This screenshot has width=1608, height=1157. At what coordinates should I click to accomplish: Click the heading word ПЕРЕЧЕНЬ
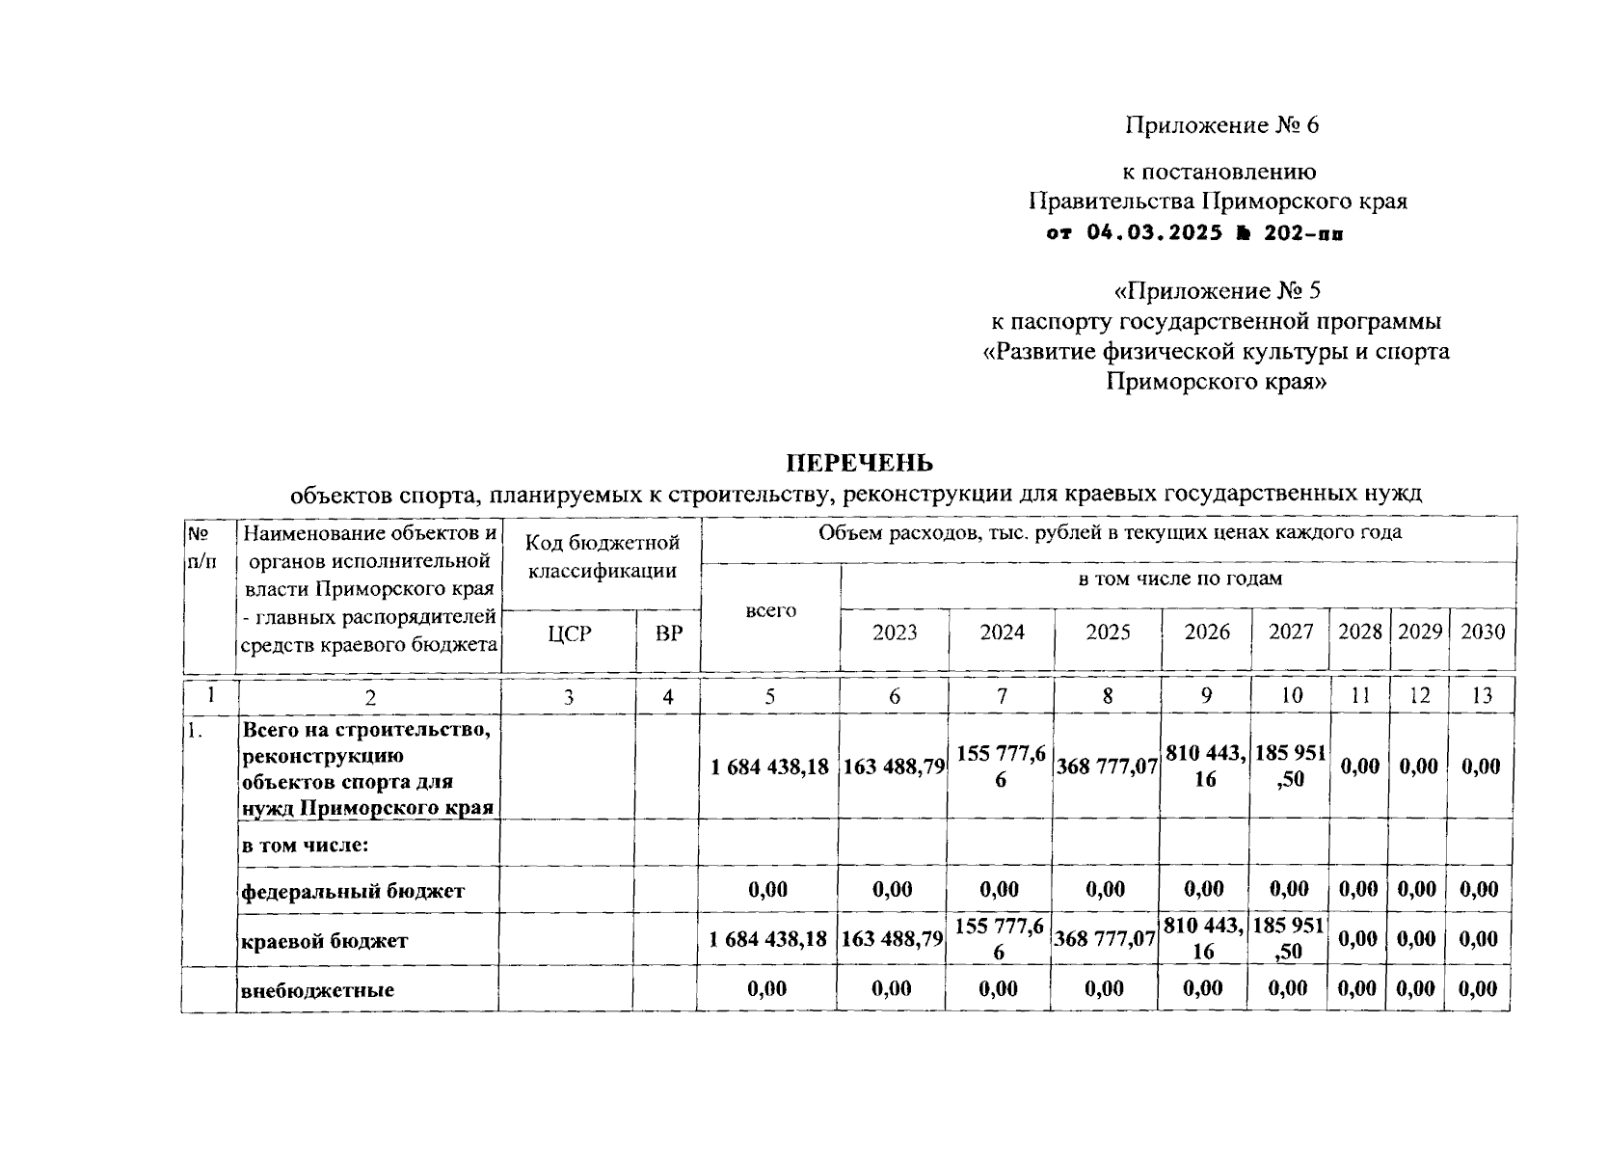pyautogui.click(x=860, y=464)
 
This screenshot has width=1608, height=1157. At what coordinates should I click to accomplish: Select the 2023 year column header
pyautogui.click(x=895, y=632)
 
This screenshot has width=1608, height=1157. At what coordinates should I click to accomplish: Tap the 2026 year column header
pyautogui.click(x=1207, y=632)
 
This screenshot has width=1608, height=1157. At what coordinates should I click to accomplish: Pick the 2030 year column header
pyautogui.click(x=1482, y=632)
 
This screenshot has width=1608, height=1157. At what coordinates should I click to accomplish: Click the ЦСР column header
pyautogui.click(x=569, y=634)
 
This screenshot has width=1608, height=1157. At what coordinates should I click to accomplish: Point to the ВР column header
pyautogui.click(x=668, y=634)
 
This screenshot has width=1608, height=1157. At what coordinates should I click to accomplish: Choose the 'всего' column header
pyautogui.click(x=770, y=611)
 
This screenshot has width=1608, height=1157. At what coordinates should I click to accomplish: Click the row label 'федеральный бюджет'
pyautogui.click(x=353, y=891)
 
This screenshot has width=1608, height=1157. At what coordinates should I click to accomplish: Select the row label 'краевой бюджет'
pyautogui.click(x=325, y=941)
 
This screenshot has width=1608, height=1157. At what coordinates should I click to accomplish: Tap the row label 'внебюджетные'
pyautogui.click(x=318, y=990)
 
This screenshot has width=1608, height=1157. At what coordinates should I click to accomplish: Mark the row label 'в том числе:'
pyautogui.click(x=307, y=846)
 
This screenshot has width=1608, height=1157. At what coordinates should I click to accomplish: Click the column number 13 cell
pyautogui.click(x=1482, y=695)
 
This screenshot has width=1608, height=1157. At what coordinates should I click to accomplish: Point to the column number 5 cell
pyautogui.click(x=769, y=695)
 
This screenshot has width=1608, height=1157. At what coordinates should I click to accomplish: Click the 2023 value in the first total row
pyautogui.click(x=894, y=767)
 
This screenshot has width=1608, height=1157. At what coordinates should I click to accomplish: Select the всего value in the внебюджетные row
pyautogui.click(x=767, y=989)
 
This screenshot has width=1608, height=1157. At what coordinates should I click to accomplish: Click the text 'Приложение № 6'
pyautogui.click(x=1221, y=125)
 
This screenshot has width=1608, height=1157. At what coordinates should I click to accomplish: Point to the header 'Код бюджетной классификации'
pyautogui.click(x=603, y=556)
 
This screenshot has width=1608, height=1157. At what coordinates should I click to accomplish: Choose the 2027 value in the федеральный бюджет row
pyautogui.click(x=1290, y=889)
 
